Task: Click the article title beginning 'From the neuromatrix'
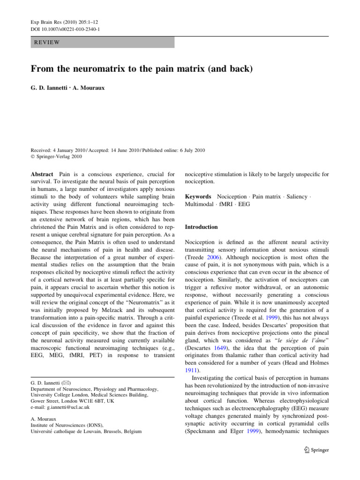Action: (x=142, y=69)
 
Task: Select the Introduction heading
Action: (x=201, y=227)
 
